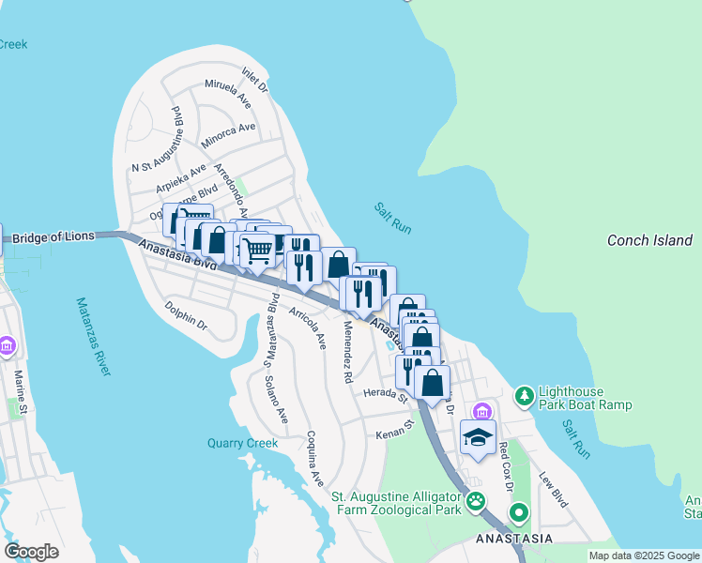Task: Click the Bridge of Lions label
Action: (x=54, y=236)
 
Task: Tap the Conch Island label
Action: (x=649, y=240)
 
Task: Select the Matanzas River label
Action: (x=94, y=337)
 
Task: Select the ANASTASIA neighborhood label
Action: (x=513, y=540)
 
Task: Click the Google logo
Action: (x=31, y=551)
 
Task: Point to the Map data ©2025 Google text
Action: (x=643, y=555)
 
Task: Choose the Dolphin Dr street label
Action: (x=186, y=314)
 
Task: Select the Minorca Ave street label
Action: (x=228, y=134)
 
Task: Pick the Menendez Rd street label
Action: (x=347, y=352)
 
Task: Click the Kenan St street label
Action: (x=395, y=429)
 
